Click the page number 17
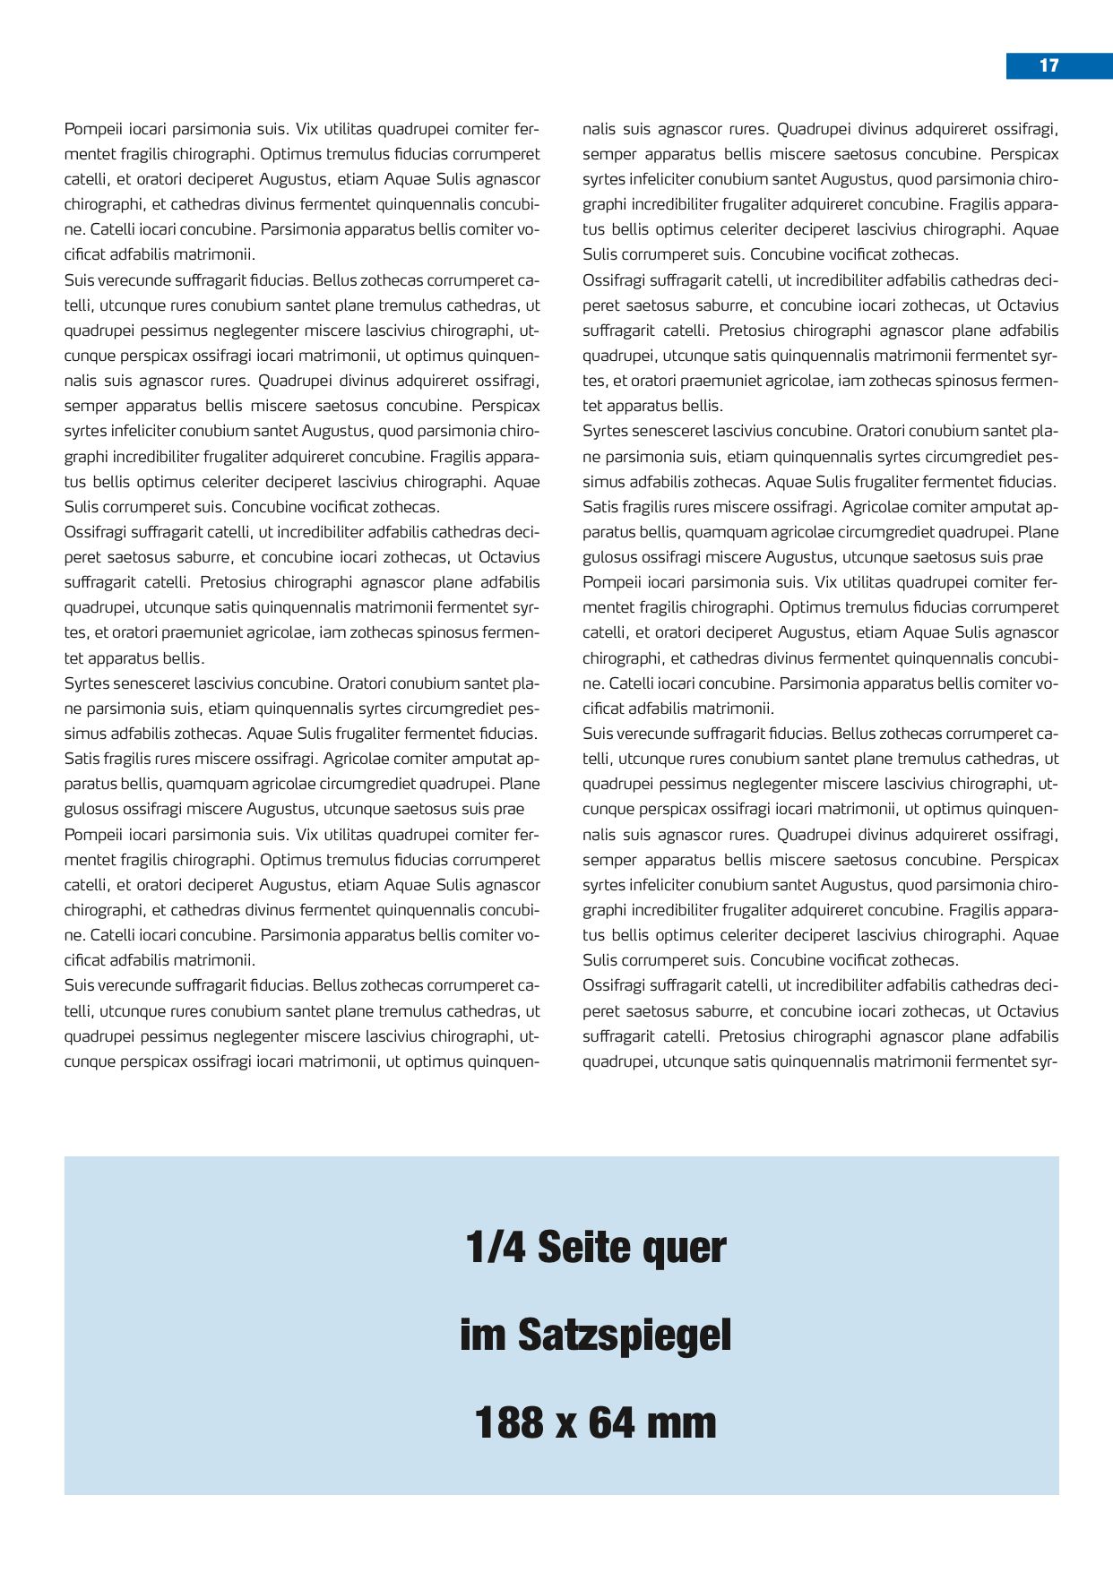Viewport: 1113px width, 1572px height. pos(1048,65)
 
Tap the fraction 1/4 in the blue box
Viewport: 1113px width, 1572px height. pos(496,1247)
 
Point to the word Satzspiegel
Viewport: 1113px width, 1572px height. pos(625,1336)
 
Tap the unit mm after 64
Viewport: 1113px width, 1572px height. pos(682,1422)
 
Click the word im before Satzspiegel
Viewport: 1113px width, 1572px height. pos(483,1335)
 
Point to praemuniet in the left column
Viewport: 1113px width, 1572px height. pos(200,632)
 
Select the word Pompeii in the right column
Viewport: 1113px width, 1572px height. pos(609,582)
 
